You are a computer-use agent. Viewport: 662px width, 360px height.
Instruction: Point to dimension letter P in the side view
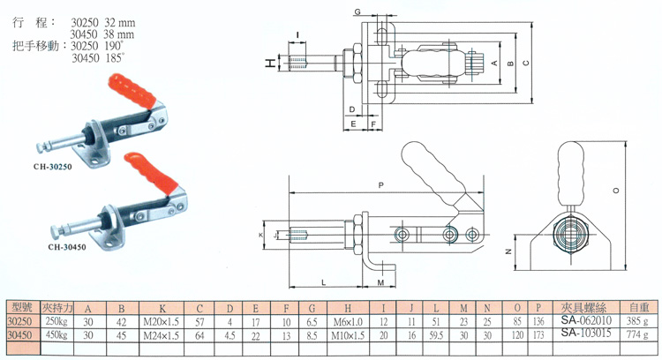[380, 185]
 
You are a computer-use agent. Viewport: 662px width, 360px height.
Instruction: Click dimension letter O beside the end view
[615, 190]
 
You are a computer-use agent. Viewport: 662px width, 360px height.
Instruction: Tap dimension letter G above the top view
[358, 11]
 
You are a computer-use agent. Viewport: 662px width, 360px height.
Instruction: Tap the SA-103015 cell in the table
[581, 336]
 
